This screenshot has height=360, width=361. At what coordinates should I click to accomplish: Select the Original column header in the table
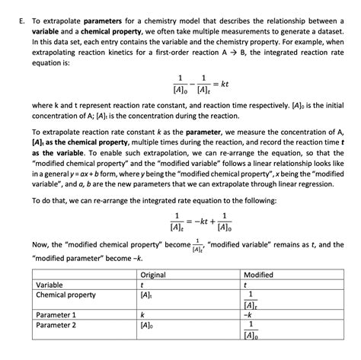153,275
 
